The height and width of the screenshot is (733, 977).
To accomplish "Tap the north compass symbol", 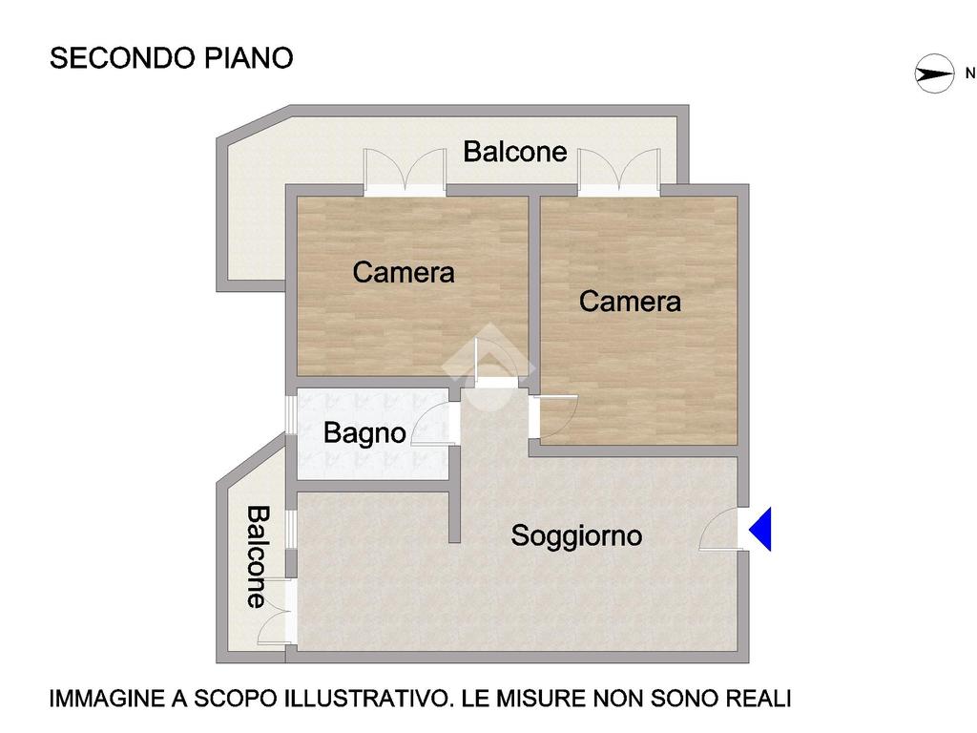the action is pos(934,73).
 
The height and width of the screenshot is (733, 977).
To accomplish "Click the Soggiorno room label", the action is pos(576,536).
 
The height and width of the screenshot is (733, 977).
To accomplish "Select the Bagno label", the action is pos(364,433).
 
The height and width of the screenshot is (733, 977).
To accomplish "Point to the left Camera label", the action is pos(404,272).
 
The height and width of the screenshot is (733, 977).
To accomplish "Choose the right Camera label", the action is pos(630,302).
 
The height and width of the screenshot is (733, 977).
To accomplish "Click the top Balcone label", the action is pos(514,152).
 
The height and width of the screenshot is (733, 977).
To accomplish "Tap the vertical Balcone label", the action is pos(258,556).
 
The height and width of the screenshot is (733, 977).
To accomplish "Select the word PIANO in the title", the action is pos(249,58).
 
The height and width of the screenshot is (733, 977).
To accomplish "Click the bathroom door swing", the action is pos(432,424).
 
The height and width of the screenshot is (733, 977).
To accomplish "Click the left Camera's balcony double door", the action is pos(405,171).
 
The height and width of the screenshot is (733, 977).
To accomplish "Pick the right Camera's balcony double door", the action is pos(618,171).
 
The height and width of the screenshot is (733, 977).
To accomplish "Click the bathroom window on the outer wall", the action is pos(290,414).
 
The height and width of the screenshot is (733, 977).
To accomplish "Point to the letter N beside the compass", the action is pos(970,73).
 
